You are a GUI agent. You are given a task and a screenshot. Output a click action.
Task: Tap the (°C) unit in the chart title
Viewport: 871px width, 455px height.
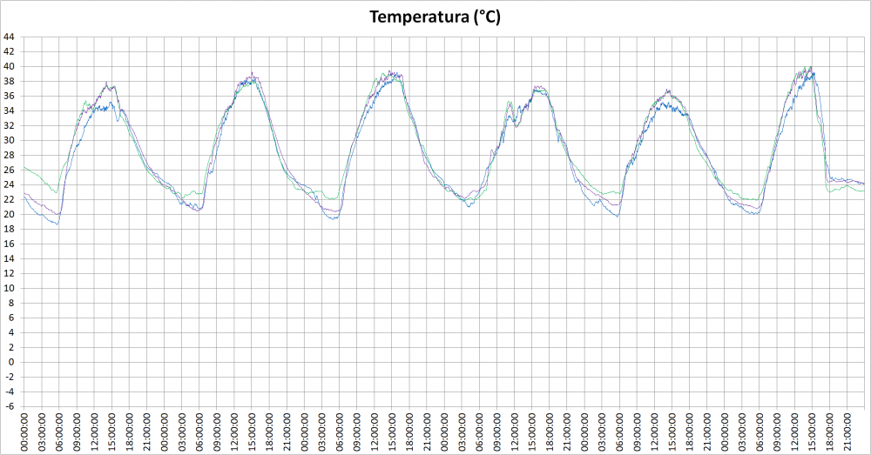[x=487, y=17]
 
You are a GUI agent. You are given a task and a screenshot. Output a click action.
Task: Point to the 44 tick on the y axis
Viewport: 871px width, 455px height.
[x=9, y=37]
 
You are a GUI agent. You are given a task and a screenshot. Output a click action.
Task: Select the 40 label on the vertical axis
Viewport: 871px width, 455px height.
[x=9, y=66]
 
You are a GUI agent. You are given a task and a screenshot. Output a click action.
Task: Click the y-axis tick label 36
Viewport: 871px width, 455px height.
[x=9, y=96]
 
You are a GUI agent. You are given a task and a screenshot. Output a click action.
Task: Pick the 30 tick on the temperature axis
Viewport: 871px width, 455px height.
[x=9, y=140]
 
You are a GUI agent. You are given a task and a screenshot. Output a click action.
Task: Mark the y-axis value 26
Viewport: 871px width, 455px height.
[x=9, y=170]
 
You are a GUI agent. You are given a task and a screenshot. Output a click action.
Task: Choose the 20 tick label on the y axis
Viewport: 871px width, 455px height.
[x=9, y=214]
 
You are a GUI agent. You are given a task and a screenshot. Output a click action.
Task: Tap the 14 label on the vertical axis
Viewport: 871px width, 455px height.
[x=9, y=258]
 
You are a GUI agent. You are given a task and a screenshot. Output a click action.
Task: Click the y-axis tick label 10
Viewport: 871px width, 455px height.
[x=9, y=288]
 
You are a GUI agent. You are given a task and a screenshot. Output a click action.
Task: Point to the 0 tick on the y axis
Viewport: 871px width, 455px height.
[x=10, y=362]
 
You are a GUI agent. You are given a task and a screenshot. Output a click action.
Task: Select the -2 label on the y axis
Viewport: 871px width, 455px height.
[x=9, y=377]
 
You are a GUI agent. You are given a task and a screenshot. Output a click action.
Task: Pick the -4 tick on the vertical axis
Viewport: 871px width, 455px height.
[x=9, y=391]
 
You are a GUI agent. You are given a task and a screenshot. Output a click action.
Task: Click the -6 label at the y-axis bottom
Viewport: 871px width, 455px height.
[x=9, y=406]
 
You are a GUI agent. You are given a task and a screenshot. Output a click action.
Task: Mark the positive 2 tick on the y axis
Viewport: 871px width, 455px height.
[x=10, y=347]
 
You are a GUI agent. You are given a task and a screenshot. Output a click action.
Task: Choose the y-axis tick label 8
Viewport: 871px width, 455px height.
[x=10, y=303]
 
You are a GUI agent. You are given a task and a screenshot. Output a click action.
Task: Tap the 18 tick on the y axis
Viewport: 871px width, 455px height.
[x=9, y=229]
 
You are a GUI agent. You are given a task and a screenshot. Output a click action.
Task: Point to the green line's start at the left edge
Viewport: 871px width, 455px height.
[x=24, y=167]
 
